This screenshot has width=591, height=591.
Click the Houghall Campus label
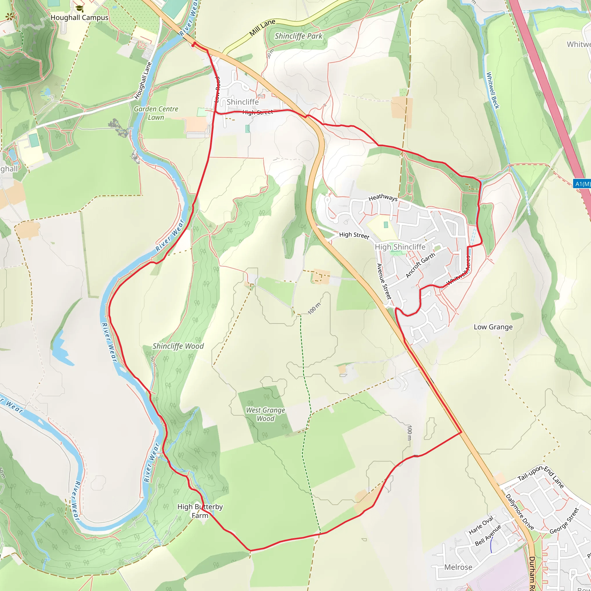pyautogui.click(x=79, y=18)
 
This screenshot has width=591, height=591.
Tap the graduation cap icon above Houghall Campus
pyautogui.click(x=80, y=9)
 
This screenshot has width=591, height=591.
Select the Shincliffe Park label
pyautogui.click(x=298, y=36)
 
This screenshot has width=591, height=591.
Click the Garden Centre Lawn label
pyautogui.click(x=156, y=113)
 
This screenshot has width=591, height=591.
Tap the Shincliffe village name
pyautogui.click(x=243, y=102)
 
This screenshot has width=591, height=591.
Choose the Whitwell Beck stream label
pyautogui.click(x=493, y=90)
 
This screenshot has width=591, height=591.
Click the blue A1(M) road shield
pyautogui.click(x=582, y=184)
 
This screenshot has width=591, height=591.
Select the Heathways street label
pyautogui.click(x=383, y=198)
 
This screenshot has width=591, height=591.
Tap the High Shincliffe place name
pyautogui.click(x=400, y=247)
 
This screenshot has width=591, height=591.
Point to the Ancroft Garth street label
pyautogui.click(x=420, y=265)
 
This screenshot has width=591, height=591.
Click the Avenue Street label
pyautogui.click(x=384, y=281)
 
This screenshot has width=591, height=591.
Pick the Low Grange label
pyautogui.click(x=493, y=327)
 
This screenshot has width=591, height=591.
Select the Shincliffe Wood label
pyautogui.click(x=178, y=346)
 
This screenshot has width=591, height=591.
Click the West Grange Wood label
pyautogui.click(x=265, y=414)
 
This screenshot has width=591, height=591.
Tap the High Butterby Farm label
pyautogui.click(x=200, y=511)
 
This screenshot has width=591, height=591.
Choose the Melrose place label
pyautogui.click(x=458, y=567)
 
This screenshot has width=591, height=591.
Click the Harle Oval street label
pyautogui.click(x=481, y=525)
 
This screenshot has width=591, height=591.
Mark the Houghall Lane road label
pyautogui.click(x=143, y=81)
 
